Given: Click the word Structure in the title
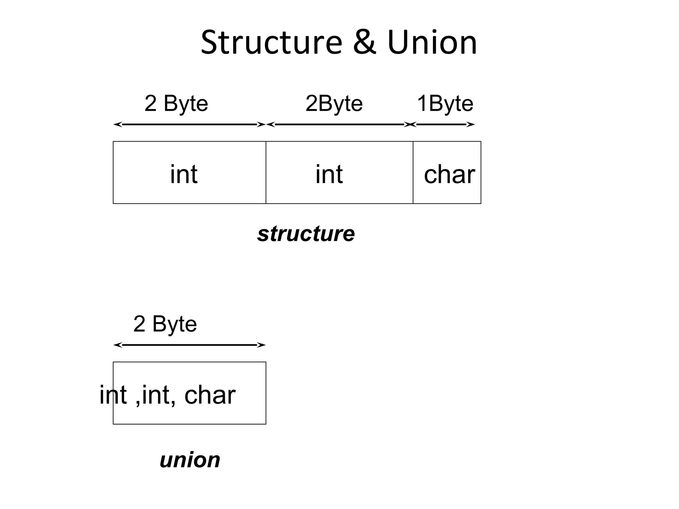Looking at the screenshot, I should click(x=271, y=42).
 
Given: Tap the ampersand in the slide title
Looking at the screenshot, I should click(x=364, y=42).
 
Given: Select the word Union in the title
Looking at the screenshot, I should click(x=432, y=42).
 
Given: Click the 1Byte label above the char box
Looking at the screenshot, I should click(x=445, y=103).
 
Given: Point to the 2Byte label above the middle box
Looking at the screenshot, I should click(x=334, y=103).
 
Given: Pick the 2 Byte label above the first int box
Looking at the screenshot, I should click(x=176, y=103).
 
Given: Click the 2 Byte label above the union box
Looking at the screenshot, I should click(x=165, y=324).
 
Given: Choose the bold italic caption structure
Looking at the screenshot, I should click(x=306, y=234).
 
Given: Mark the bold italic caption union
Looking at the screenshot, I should click(x=190, y=460).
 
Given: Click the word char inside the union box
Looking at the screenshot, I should click(x=210, y=395).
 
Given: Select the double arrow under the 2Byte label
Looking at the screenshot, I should click(x=339, y=125).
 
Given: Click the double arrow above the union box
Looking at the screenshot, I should click(x=189, y=345).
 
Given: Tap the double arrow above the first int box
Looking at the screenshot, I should click(x=189, y=125).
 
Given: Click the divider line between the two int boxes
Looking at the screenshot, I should click(x=266, y=172).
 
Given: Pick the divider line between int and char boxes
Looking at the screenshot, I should click(x=413, y=172).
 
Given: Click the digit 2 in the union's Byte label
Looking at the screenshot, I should click(x=139, y=324).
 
